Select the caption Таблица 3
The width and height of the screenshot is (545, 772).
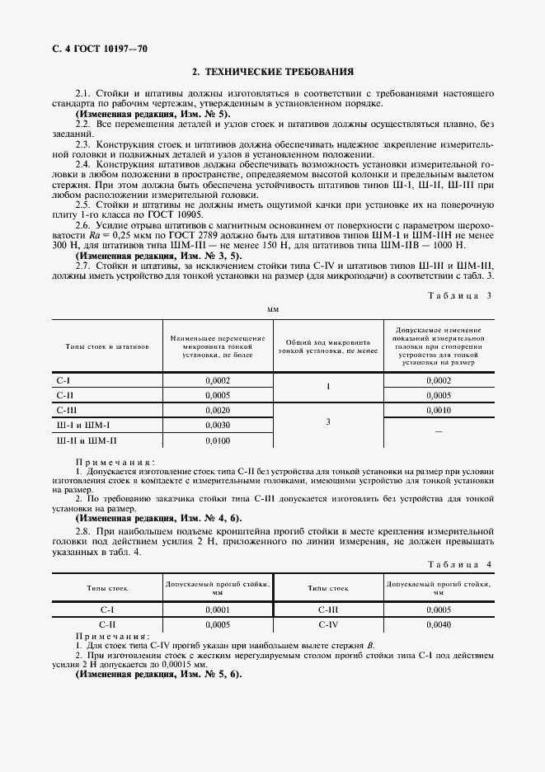458,294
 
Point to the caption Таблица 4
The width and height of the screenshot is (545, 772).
458,564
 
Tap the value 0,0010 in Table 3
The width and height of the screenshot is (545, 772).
439,410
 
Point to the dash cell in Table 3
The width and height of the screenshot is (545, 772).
439,431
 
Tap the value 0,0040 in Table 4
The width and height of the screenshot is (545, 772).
439,625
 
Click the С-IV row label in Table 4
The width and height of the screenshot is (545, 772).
328,625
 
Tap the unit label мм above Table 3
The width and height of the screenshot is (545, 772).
273,308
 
